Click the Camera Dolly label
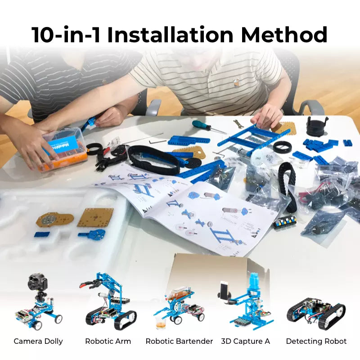click(38, 341)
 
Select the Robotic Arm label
click(108, 341)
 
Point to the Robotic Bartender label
click(179, 341)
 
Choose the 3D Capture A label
click(246, 341)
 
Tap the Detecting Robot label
click(316, 341)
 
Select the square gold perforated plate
click(95, 217)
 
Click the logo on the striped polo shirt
click(236, 83)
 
